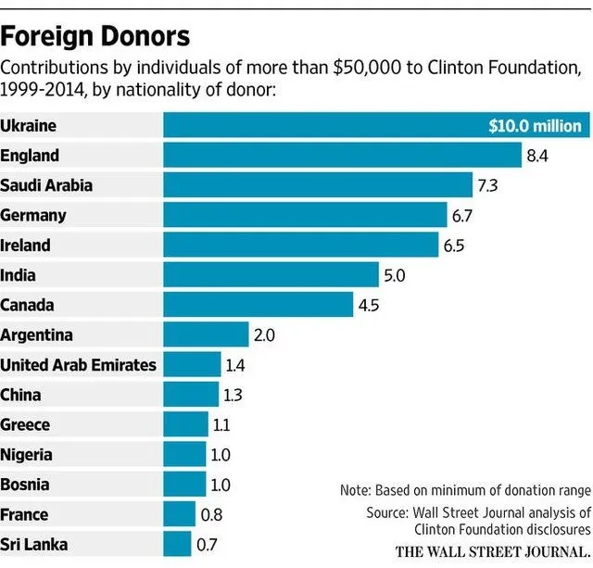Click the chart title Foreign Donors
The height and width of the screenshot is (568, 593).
[95, 36]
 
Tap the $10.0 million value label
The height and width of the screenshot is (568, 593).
[535, 126]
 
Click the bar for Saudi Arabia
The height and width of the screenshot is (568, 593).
[317, 185]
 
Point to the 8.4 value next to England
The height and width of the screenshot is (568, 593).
[537, 156]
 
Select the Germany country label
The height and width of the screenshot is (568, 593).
[33, 216]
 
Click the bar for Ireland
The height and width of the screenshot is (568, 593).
[300, 246]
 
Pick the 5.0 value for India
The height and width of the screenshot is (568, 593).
[396, 275]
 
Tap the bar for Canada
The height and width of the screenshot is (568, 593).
[259, 305]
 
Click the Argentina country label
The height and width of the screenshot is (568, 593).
[36, 334]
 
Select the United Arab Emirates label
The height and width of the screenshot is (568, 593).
[79, 364]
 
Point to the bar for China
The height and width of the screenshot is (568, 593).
[191, 395]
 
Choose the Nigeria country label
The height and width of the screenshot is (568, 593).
[26, 454]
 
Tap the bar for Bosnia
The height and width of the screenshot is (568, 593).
[184, 484]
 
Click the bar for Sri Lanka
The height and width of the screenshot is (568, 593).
[177, 544]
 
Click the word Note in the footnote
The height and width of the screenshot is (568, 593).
[356, 489]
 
